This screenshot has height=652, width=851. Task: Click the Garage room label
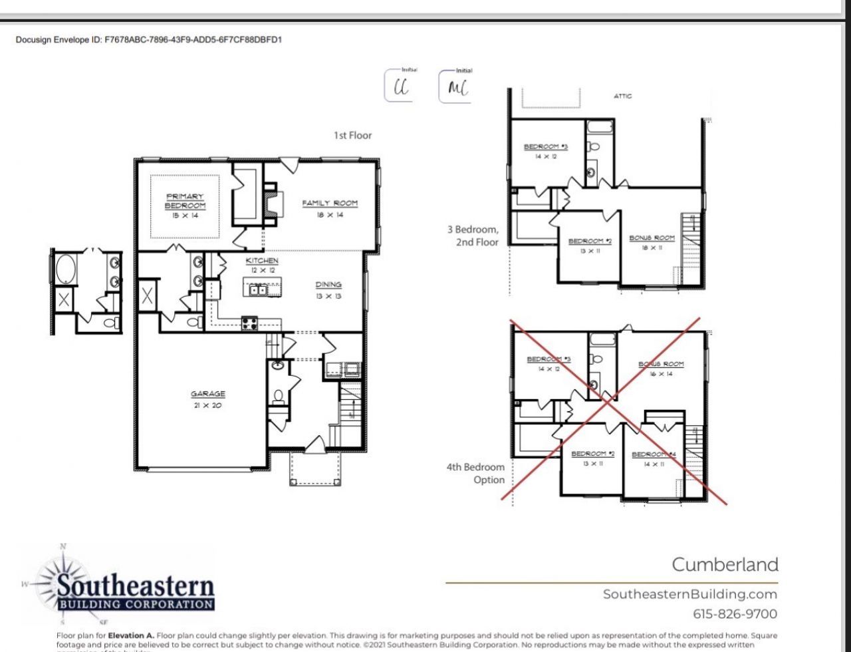(x=208, y=394)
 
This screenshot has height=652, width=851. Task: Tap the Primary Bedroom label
(x=185, y=201)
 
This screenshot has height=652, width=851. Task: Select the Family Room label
(x=330, y=203)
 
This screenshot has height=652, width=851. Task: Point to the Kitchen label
(x=262, y=261)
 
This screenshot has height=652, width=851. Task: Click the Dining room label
(x=328, y=285)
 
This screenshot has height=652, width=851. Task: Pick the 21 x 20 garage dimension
(x=208, y=405)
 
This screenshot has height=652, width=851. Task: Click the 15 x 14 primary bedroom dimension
(x=185, y=216)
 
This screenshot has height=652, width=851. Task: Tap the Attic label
(x=622, y=96)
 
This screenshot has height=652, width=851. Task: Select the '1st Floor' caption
(x=352, y=135)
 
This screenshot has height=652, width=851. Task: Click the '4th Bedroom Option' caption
(x=475, y=473)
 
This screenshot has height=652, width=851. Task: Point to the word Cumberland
(x=725, y=565)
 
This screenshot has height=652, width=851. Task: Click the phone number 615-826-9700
(x=735, y=613)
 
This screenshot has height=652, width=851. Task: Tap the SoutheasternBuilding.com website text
(x=689, y=594)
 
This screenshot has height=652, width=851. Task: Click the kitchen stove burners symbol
(x=249, y=324)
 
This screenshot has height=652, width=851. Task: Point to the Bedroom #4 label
(x=653, y=454)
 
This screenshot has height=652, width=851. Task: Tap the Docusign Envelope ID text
(x=149, y=40)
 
